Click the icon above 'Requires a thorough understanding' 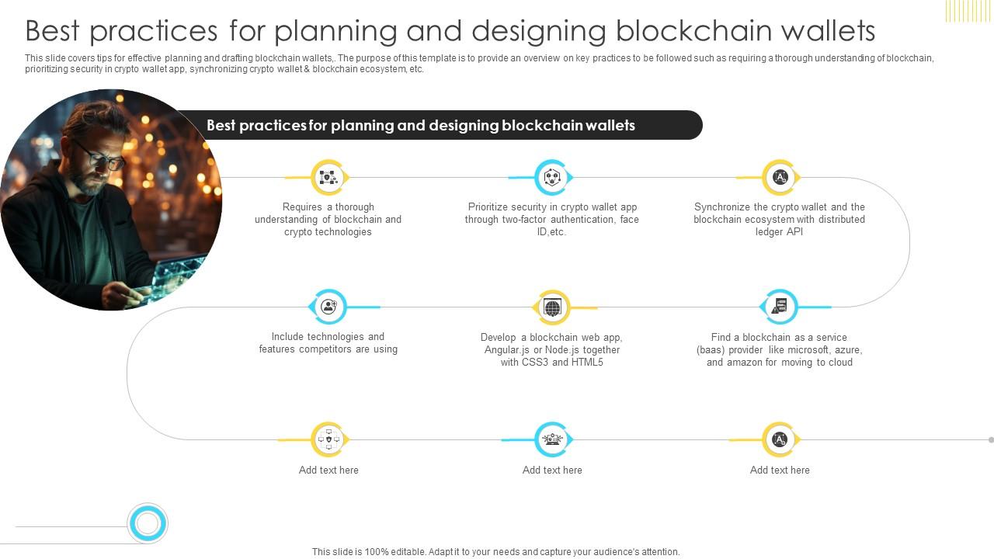328,178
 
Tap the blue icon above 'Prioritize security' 552,178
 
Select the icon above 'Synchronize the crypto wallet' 780,178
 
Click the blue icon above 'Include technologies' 328,307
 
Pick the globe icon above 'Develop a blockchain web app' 552,308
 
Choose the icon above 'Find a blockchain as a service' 780,307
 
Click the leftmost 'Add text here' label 328,470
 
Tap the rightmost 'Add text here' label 780,470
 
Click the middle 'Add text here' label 552,470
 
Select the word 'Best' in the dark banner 221,125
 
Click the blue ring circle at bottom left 147,523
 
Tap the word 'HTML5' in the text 588,363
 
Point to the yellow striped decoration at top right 968,10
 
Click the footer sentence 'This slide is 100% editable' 495,552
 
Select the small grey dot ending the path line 991,440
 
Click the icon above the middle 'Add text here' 552,440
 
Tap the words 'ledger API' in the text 779,232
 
